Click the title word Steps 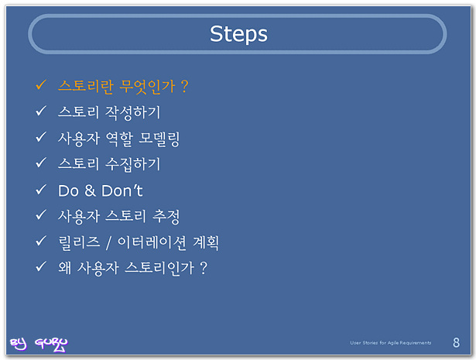point(238,34)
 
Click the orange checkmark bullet point(41,84)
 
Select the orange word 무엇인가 point(147,87)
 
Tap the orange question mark point(184,87)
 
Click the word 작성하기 point(132,112)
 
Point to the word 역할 point(119,139)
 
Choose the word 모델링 point(159,139)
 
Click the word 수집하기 point(132,165)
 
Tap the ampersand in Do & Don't point(90,190)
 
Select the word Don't point(122,190)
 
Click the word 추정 point(166,217)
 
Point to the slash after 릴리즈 point(108,243)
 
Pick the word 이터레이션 point(152,243)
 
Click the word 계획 point(206,243)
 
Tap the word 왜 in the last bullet point(65,268)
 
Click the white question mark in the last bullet point(204,269)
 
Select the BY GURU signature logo point(39,345)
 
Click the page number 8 point(456,343)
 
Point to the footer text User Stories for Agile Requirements point(390,343)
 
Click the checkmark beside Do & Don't point(41,190)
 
